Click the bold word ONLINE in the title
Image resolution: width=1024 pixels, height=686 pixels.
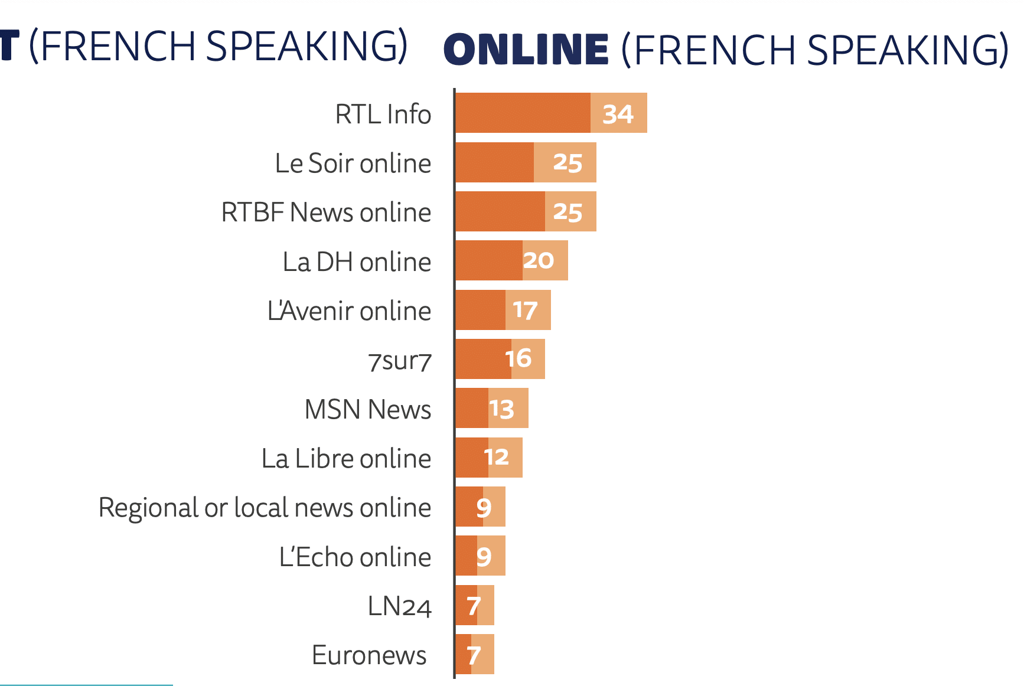click(526, 49)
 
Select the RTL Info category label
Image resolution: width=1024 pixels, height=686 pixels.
click(383, 114)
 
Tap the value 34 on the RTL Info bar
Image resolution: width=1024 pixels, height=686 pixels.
click(618, 113)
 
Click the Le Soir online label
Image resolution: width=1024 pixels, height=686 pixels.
click(353, 163)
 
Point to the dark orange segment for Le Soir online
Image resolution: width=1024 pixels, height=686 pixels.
click(494, 162)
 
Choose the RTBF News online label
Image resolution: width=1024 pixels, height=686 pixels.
click(326, 212)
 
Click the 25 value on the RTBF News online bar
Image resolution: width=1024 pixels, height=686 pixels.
click(568, 212)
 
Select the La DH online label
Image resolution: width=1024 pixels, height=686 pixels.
click(357, 262)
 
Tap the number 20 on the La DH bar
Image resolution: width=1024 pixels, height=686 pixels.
click(538, 260)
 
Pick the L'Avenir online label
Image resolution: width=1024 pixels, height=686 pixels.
click(349, 311)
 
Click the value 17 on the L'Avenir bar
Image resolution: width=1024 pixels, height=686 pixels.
click(525, 310)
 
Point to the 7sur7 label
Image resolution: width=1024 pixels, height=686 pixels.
click(400, 361)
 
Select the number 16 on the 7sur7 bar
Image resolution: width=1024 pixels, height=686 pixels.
click(518, 358)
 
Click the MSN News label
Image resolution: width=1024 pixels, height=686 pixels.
click(367, 409)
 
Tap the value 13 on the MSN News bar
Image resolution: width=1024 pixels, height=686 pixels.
click(501, 409)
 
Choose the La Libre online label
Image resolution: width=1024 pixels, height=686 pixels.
click(346, 458)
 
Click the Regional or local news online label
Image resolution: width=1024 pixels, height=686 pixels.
click(265, 508)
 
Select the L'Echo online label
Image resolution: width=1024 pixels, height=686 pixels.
click(355, 557)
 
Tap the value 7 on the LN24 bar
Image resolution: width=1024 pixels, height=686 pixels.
click(473, 606)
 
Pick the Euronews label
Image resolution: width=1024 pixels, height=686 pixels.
click(369, 655)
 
